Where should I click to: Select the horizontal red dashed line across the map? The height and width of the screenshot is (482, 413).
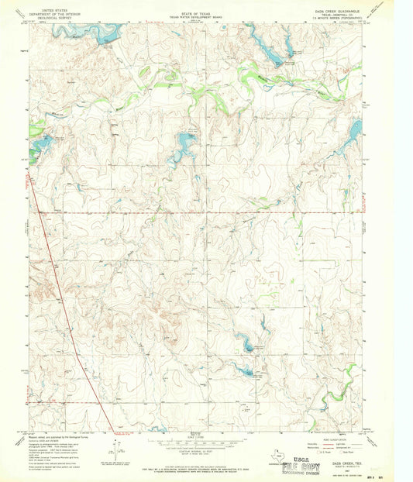point(194,211)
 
